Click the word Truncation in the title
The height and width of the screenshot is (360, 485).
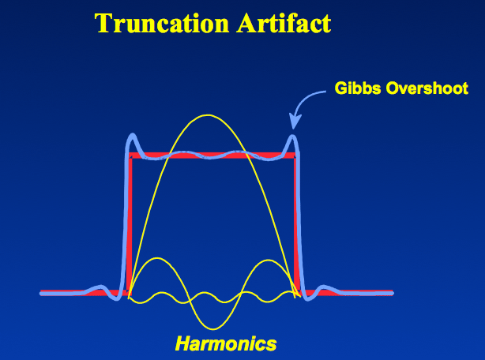click(x=162, y=23)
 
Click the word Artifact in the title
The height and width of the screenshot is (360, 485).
click(x=284, y=23)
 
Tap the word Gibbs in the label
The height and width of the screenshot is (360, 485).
click(x=358, y=88)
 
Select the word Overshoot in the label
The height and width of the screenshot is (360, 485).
click(x=427, y=88)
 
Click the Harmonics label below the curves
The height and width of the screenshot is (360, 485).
click(x=226, y=343)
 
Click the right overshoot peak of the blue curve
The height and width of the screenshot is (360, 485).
click(x=293, y=136)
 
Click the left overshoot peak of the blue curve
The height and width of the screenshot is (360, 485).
click(x=133, y=135)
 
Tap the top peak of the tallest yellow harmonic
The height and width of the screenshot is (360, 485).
click(x=208, y=115)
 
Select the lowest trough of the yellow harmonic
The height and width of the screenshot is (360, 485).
click(x=212, y=328)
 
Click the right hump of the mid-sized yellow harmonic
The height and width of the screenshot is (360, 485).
click(x=267, y=261)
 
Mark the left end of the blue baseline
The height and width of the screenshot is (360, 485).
click(x=41, y=293)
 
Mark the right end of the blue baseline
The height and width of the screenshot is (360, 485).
click(x=392, y=293)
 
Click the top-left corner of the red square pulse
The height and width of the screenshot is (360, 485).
click(x=130, y=154)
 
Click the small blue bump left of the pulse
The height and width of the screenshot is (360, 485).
click(x=100, y=287)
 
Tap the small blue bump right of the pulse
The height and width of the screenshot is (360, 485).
click(x=324, y=287)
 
